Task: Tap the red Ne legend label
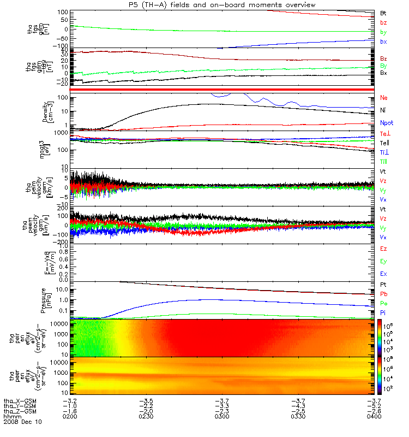[384, 98]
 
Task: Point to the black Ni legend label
[383, 111]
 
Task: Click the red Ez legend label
[383, 249]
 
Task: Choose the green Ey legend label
[383, 261]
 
